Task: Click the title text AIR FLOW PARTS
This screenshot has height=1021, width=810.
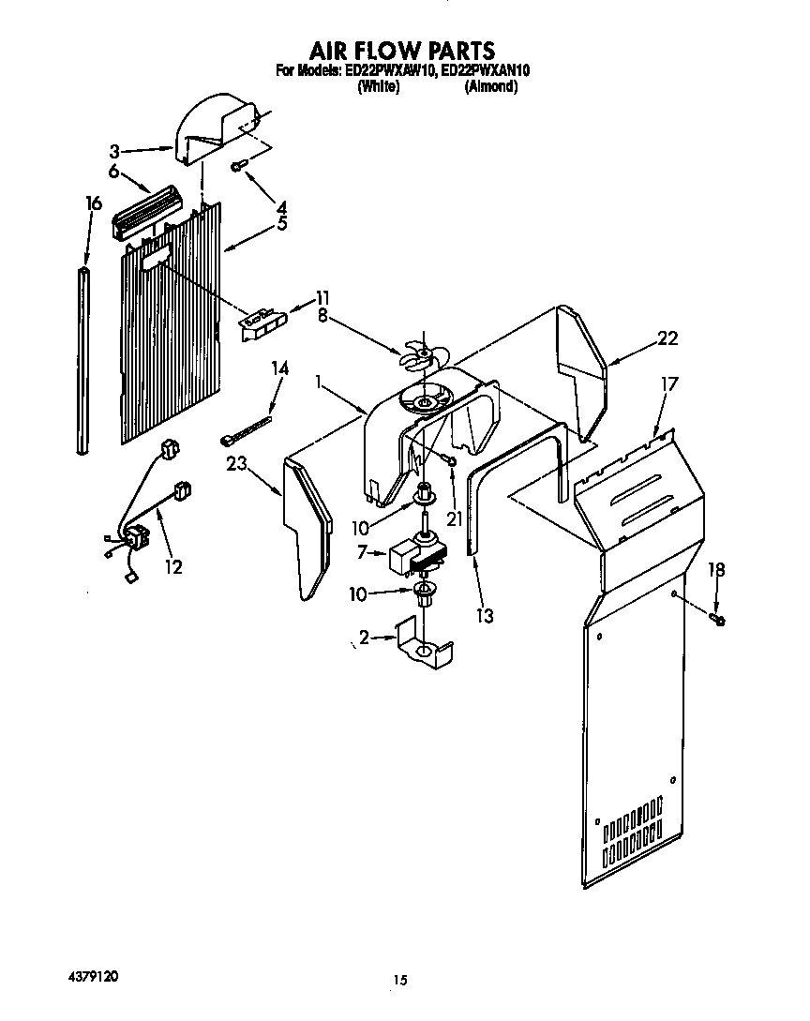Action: [401, 49]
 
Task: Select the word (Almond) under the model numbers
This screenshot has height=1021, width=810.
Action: [490, 86]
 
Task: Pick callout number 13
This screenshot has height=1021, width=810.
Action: [485, 615]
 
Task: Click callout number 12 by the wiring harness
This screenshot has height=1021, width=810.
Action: [173, 566]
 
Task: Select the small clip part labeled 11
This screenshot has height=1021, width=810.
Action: [262, 322]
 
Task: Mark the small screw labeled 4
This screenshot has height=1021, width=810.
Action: [238, 166]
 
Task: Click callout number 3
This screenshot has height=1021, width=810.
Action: [113, 150]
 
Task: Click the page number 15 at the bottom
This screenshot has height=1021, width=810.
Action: [400, 981]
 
